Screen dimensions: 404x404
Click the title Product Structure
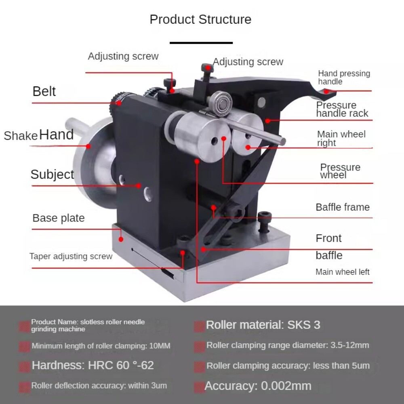[x=200, y=19]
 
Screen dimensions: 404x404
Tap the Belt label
[x=44, y=91]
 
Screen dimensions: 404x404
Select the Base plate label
[x=59, y=218]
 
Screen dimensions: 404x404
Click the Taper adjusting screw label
[x=71, y=257]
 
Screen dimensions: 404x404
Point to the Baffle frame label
[x=343, y=207]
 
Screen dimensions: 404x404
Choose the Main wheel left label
[x=343, y=272]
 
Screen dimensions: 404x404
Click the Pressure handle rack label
[x=342, y=109]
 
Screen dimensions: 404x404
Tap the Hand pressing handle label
[x=344, y=78]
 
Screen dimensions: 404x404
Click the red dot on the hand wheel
[x=88, y=146]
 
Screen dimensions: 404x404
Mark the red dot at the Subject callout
[x=138, y=185]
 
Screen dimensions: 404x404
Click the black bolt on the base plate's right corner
[x=265, y=221]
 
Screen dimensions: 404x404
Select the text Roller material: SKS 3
[x=263, y=325]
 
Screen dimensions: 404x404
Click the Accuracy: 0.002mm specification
[x=258, y=386]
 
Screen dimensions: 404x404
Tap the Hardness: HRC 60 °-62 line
[x=93, y=365]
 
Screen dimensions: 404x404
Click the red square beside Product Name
[x=25, y=326]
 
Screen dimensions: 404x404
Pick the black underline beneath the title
[x=201, y=43]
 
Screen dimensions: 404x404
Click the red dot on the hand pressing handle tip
[x=326, y=91]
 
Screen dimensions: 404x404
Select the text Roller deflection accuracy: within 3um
[x=99, y=386]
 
